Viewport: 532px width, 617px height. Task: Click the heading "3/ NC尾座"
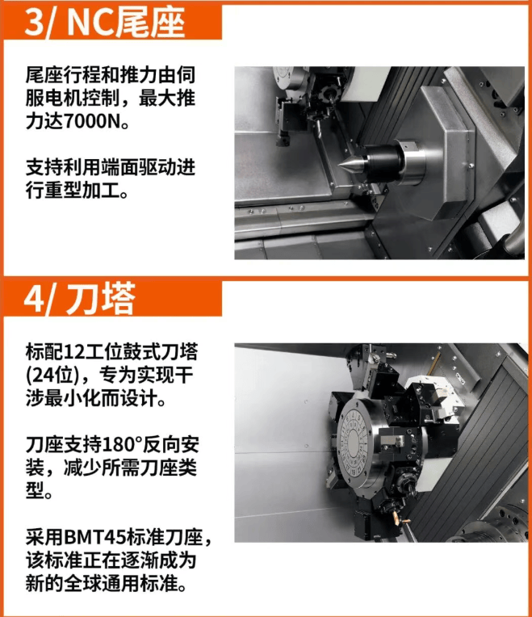point(104,23)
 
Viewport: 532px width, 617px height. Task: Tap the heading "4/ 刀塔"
point(79,299)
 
